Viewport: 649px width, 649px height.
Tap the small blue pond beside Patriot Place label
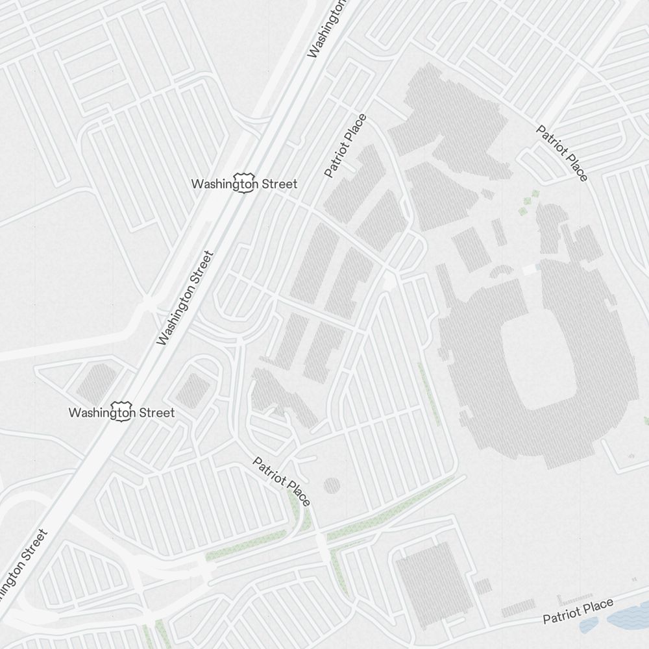point(589,624)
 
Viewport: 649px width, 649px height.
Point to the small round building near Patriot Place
point(331,485)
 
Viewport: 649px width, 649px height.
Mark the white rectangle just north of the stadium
point(530,269)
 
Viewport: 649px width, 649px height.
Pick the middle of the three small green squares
point(528,202)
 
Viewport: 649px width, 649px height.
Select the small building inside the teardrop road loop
point(193,390)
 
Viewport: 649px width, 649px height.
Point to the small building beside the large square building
point(482,586)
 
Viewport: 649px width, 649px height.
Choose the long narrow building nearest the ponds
point(518,609)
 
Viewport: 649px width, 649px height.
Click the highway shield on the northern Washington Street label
point(244,184)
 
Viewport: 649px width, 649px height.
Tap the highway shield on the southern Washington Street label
point(121,412)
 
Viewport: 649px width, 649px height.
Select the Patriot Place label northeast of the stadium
point(562,153)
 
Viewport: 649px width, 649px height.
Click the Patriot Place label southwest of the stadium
point(282,481)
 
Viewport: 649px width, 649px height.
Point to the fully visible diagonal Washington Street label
point(185,297)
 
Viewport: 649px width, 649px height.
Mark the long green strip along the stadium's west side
point(430,393)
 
